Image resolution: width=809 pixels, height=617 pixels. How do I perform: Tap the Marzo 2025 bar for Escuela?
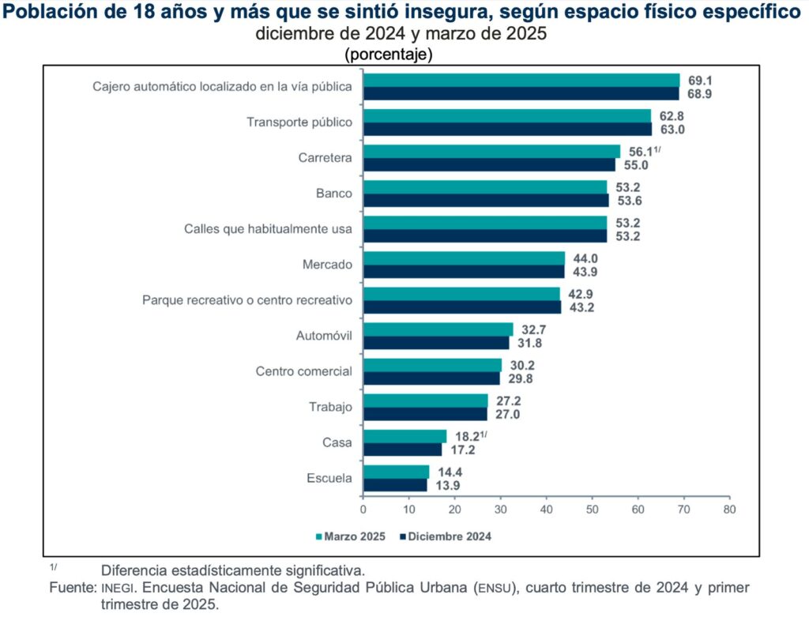click(x=396, y=472)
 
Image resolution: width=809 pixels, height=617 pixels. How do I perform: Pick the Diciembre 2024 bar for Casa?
click(x=402, y=450)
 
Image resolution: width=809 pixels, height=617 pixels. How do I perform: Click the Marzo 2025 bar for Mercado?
click(x=464, y=258)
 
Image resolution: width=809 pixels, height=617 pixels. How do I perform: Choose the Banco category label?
click(x=334, y=194)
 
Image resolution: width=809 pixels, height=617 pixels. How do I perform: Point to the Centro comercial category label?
click(x=304, y=371)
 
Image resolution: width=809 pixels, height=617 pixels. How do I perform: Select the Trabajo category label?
click(x=330, y=407)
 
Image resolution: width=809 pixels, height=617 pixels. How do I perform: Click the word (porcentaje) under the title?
click(x=388, y=55)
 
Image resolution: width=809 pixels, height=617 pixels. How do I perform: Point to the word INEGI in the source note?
click(x=117, y=589)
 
